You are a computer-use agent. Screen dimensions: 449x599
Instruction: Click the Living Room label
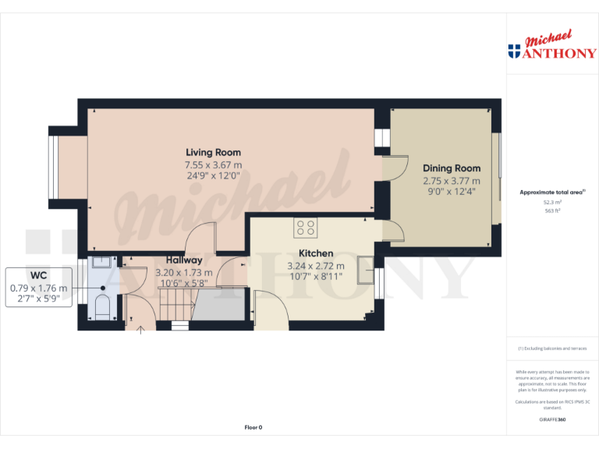213,152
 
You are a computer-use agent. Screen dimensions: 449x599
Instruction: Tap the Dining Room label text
452,168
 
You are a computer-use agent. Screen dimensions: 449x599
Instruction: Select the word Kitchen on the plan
316,253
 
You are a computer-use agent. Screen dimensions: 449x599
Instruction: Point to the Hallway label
184,260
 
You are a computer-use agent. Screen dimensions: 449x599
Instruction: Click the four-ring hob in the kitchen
305,227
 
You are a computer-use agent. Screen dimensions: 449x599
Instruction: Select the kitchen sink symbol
365,270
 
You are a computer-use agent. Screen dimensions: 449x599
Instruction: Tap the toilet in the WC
101,305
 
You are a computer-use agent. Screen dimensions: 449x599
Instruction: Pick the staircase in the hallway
175,304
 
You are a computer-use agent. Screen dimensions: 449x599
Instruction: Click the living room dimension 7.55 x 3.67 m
213,164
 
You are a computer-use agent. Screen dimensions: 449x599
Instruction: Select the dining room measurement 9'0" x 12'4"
452,191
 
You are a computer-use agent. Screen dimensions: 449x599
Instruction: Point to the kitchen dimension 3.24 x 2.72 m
316,266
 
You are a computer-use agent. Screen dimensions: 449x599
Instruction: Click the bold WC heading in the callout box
39,276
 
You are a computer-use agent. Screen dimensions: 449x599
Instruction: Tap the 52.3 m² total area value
552,202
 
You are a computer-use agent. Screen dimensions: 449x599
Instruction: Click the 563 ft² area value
552,210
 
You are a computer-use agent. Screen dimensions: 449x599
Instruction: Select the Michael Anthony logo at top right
552,47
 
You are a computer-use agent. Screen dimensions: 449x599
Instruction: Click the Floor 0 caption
253,427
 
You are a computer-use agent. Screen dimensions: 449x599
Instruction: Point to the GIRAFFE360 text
552,419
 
